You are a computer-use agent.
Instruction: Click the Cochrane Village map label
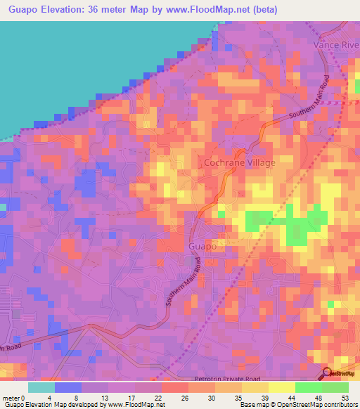[239, 162]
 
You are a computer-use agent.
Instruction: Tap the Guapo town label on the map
[202, 247]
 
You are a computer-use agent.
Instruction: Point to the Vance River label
[336, 44]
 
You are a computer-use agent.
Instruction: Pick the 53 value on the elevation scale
[344, 398]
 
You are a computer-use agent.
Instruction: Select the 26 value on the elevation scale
[184, 398]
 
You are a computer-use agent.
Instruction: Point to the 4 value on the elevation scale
[50, 398]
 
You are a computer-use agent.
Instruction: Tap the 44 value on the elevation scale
[290, 398]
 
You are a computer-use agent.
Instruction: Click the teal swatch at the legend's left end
[41, 387]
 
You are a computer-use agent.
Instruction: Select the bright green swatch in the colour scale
[308, 387]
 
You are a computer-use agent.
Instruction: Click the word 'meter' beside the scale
[12, 398]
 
